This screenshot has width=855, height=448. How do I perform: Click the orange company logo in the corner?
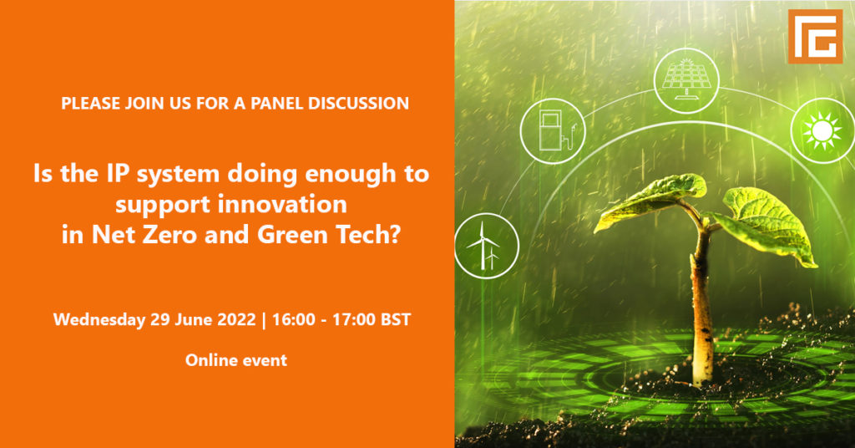tap(815, 37)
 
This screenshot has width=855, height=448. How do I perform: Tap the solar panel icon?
tap(686, 81)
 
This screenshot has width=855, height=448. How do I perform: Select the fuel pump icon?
tap(553, 131)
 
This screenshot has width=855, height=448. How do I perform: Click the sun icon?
tap(822, 131)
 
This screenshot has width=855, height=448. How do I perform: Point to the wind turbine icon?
tap(487, 246)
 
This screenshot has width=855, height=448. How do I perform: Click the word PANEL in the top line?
tap(276, 103)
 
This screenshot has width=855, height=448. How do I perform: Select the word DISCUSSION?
tap(358, 103)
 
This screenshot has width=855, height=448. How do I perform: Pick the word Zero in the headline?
tap(170, 235)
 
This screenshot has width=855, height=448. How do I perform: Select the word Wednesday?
tap(99, 319)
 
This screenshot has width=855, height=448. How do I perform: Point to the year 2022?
tap(236, 319)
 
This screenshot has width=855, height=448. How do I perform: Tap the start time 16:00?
tap(293, 319)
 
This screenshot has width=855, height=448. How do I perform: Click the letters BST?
tap(395, 319)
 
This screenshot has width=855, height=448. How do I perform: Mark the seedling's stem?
tap(701, 306)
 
